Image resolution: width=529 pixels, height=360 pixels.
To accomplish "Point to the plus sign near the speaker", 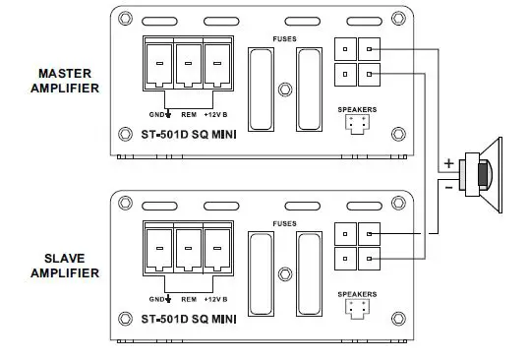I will (448, 162).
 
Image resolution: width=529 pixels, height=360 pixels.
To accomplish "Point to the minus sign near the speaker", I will (448, 184).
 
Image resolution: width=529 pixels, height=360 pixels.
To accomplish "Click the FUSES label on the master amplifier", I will (285, 39).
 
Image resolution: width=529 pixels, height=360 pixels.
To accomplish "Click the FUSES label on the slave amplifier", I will (285, 223).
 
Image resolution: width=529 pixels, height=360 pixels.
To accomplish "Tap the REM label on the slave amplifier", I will (187, 298).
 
